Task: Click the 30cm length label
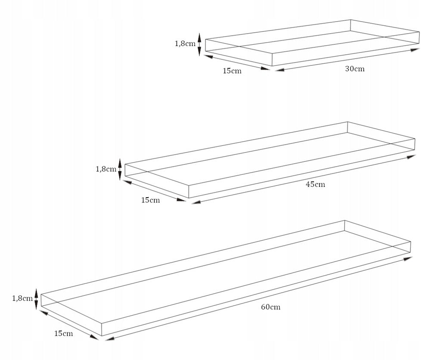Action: (355, 68)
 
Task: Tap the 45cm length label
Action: (315, 184)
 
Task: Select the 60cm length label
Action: (270, 307)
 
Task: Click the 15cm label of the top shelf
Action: (232, 71)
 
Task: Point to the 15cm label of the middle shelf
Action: (150, 200)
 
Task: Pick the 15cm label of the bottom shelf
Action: (64, 334)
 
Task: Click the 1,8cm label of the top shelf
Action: (185, 43)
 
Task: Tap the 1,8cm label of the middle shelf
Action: (106, 169)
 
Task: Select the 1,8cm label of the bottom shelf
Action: (22, 298)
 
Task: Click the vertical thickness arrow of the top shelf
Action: (199, 44)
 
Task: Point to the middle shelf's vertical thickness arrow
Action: (120, 169)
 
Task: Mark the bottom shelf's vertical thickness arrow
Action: (36, 299)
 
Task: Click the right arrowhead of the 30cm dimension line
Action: (415, 50)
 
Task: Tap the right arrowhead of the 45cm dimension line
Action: (411, 157)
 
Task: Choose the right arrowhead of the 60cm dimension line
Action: (407, 258)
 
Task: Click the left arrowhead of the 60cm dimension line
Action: (110, 338)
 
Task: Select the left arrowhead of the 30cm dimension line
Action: (280, 69)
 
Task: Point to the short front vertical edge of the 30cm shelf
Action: (272, 59)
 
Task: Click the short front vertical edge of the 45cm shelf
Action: (189, 192)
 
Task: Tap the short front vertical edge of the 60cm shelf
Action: (102, 329)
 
